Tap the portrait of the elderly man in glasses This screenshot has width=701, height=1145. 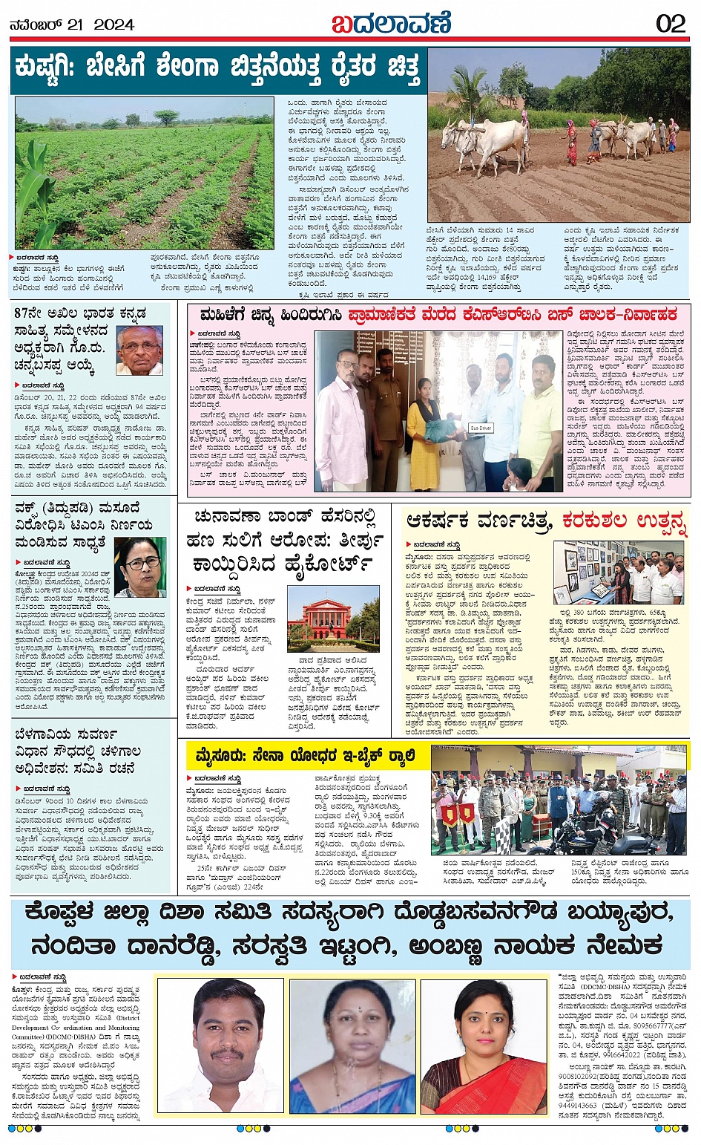coord(139,350)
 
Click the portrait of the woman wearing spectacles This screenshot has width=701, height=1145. coord(139,567)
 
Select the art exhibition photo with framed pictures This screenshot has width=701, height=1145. coord(619,572)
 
